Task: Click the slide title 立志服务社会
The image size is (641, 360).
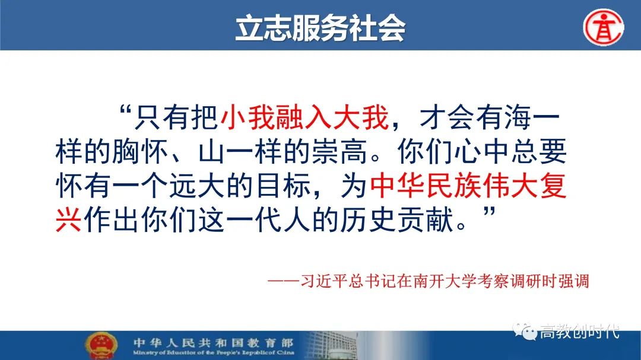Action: tap(320, 28)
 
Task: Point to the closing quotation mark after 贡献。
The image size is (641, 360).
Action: tap(489, 212)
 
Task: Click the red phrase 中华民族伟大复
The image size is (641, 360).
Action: tap(468, 186)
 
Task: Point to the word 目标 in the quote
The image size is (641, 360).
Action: tap(283, 186)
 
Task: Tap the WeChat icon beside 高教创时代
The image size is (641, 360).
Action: tap(525, 330)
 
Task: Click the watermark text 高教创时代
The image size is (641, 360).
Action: tap(580, 331)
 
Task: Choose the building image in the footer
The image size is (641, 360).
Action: tap(332, 346)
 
